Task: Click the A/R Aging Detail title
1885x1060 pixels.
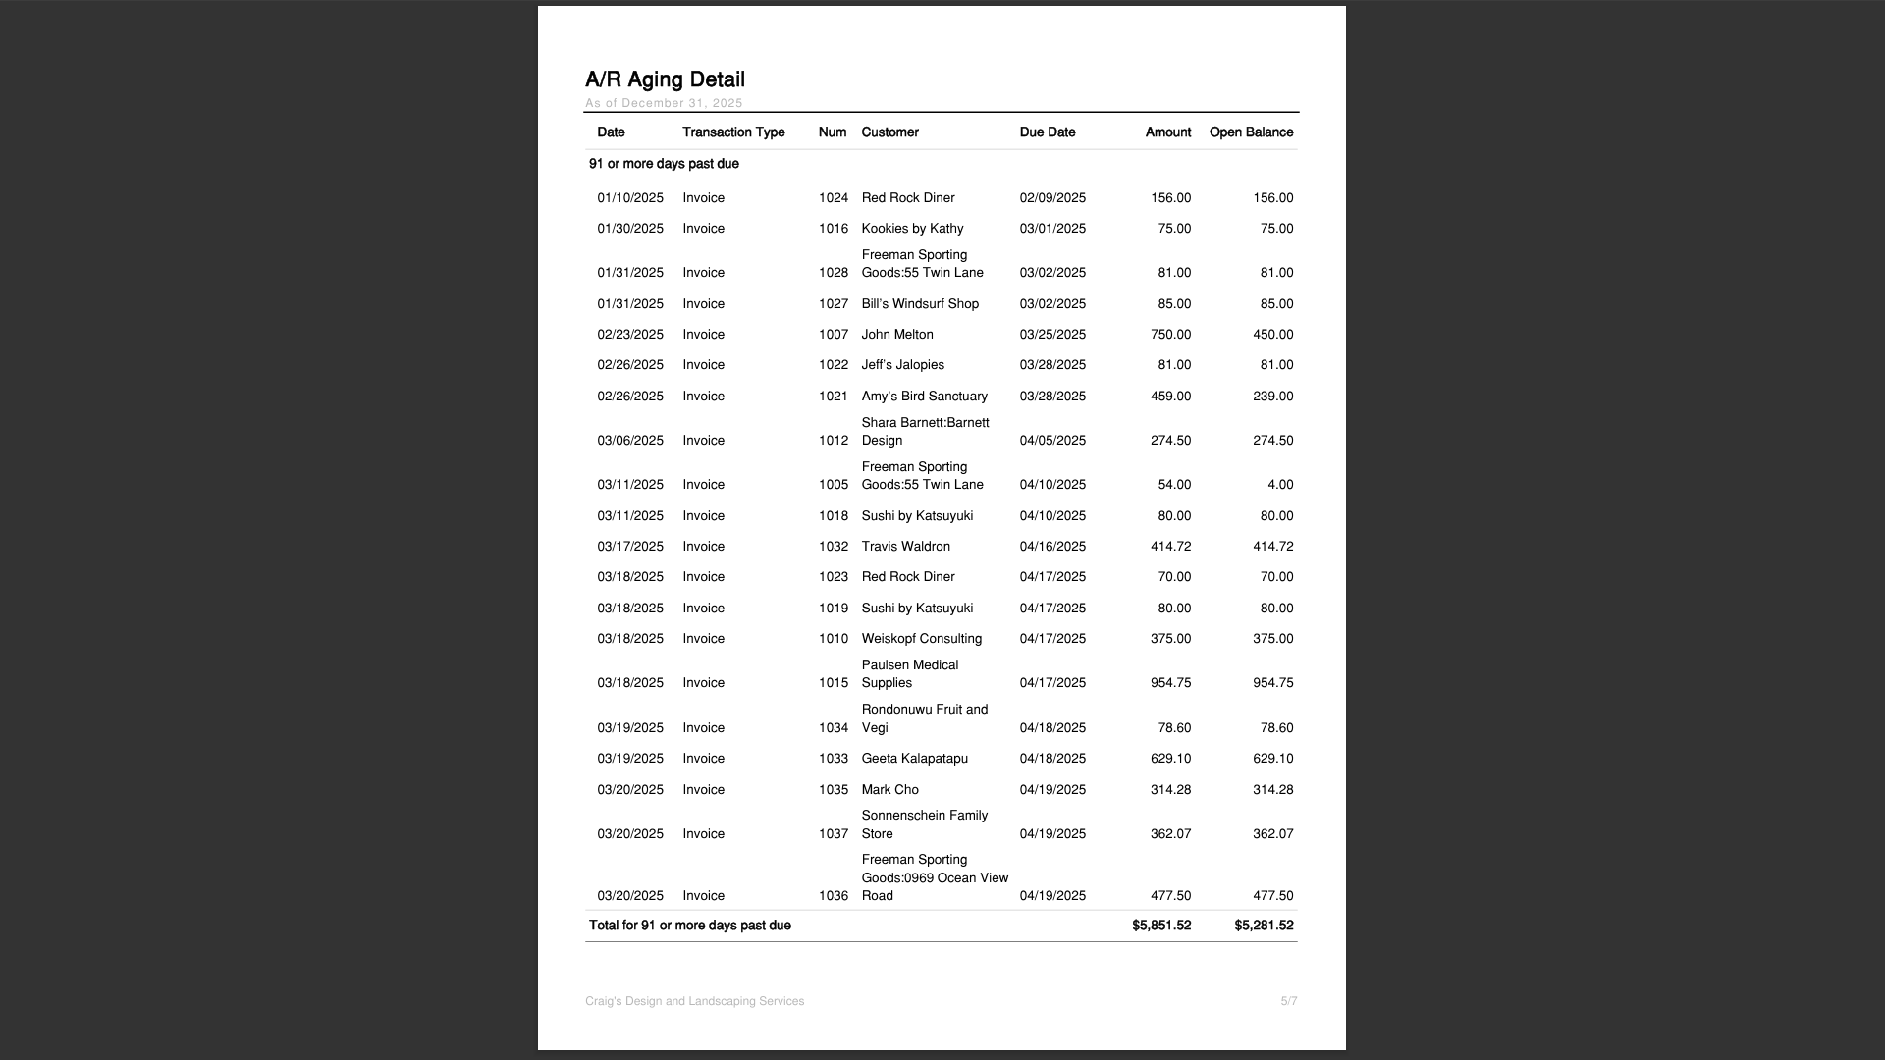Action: [x=665, y=79]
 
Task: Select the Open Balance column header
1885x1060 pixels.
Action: [x=1251, y=132]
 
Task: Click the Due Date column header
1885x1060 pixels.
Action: [x=1047, y=132]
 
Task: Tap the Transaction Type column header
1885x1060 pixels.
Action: [x=733, y=132]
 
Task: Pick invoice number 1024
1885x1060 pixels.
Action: [x=833, y=198]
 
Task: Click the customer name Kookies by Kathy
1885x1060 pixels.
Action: [x=912, y=229]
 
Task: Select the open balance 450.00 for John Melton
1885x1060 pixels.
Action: [x=1272, y=335]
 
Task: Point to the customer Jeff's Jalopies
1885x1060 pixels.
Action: [x=902, y=365]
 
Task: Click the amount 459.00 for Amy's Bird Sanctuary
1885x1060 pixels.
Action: [x=1170, y=397]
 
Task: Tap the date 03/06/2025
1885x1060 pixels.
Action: [x=630, y=441]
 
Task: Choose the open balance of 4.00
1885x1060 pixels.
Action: [x=1279, y=485]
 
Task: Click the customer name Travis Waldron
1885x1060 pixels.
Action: [x=905, y=547]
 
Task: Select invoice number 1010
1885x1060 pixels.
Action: [x=833, y=639]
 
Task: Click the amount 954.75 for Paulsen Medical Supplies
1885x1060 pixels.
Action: [x=1170, y=683]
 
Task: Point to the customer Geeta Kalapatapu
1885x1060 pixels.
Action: [x=914, y=759]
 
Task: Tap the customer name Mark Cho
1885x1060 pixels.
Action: [x=889, y=790]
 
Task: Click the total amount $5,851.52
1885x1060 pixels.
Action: [x=1160, y=926]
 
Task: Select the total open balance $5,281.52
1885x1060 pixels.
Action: [x=1263, y=926]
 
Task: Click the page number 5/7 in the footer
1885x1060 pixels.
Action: [x=1288, y=1002]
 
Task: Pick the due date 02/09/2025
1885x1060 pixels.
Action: [x=1052, y=198]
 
